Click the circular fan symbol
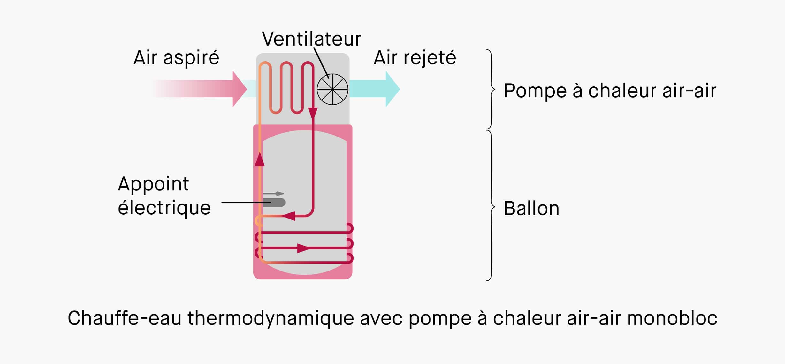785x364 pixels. tap(332, 89)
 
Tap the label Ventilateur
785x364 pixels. tap(311, 39)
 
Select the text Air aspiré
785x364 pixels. tap(176, 58)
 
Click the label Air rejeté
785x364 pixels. tap(415, 58)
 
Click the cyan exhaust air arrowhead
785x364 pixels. tap(392, 89)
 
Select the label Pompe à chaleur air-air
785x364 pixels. tap(610, 91)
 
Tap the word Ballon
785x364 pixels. tap(531, 209)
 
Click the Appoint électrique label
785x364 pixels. tap(164, 196)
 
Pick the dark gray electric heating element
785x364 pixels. tap(274, 203)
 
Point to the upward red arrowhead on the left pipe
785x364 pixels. tap(260, 159)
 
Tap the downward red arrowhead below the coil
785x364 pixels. tap(313, 114)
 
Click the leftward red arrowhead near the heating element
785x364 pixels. tap(289, 216)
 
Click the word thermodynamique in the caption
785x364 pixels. tap(271, 318)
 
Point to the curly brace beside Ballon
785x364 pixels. tap(491, 206)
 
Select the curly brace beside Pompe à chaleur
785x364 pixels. tap(491, 89)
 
